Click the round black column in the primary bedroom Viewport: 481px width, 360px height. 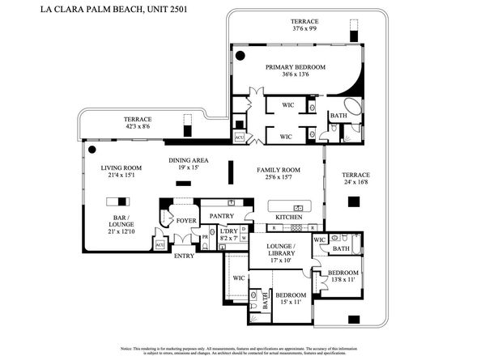pos(240,56)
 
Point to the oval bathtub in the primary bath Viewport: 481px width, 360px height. pos(355,107)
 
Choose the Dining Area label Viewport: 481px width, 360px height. pos(188,160)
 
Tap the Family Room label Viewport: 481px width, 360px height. pos(278,169)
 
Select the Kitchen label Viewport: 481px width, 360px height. pos(288,218)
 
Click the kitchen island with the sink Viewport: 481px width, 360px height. pos(289,204)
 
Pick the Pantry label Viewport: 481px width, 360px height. pos(221,216)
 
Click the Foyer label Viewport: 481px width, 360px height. pos(186,220)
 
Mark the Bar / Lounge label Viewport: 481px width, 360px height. pos(123,227)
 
